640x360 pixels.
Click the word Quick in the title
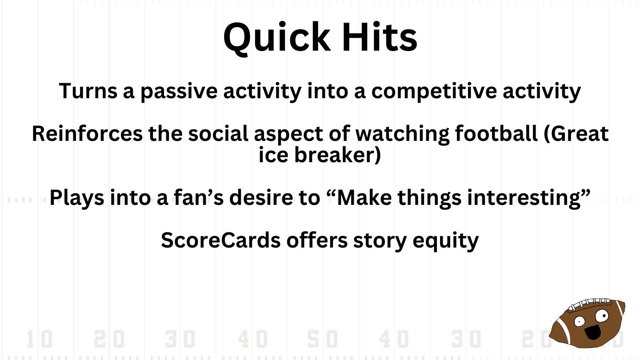point(276,38)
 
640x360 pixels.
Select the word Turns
point(88,91)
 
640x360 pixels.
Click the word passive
point(179,92)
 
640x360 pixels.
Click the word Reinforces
point(87,133)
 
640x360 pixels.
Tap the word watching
point(402,135)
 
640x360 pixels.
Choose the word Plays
point(77,198)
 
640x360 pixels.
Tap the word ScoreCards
point(220,240)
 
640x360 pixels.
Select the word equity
point(445,241)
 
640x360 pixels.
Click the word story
point(380,241)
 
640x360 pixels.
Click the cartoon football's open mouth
point(592,332)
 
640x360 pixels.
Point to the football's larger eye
point(602,316)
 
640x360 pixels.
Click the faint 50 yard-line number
point(323,339)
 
